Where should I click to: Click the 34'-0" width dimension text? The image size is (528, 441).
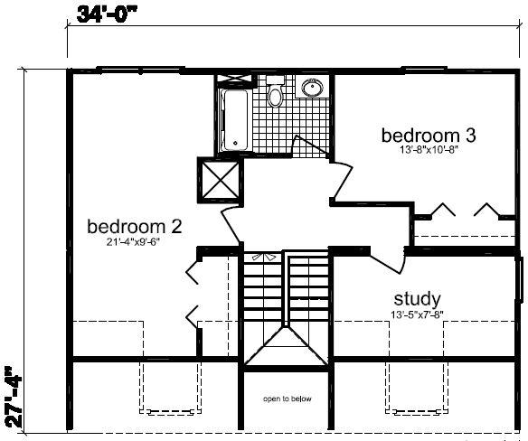coord(107,14)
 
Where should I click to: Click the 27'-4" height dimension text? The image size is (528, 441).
coord(14,398)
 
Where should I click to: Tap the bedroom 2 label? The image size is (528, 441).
coord(135,226)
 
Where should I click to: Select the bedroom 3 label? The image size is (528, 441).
coord(429,136)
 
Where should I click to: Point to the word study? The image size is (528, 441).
coord(417,298)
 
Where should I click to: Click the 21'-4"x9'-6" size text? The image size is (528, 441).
coord(133,241)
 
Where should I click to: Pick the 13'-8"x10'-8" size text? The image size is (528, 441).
coord(429,149)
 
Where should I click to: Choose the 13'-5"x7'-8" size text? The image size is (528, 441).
coord(417,314)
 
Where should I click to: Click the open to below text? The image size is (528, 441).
coord(288,399)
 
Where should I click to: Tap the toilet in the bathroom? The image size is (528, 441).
coord(275,92)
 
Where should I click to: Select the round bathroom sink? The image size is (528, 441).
coord(312,88)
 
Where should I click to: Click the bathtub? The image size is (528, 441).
coord(235,120)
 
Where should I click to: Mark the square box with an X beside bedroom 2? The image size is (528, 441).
coord(220,180)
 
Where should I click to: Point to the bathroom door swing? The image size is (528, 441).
coord(310,146)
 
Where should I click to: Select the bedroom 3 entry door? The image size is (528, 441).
coord(343,180)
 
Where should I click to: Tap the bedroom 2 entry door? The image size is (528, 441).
coord(230,225)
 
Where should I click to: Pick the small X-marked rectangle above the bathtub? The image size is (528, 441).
coord(234,79)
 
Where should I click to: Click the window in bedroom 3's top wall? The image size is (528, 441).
coord(425,70)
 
